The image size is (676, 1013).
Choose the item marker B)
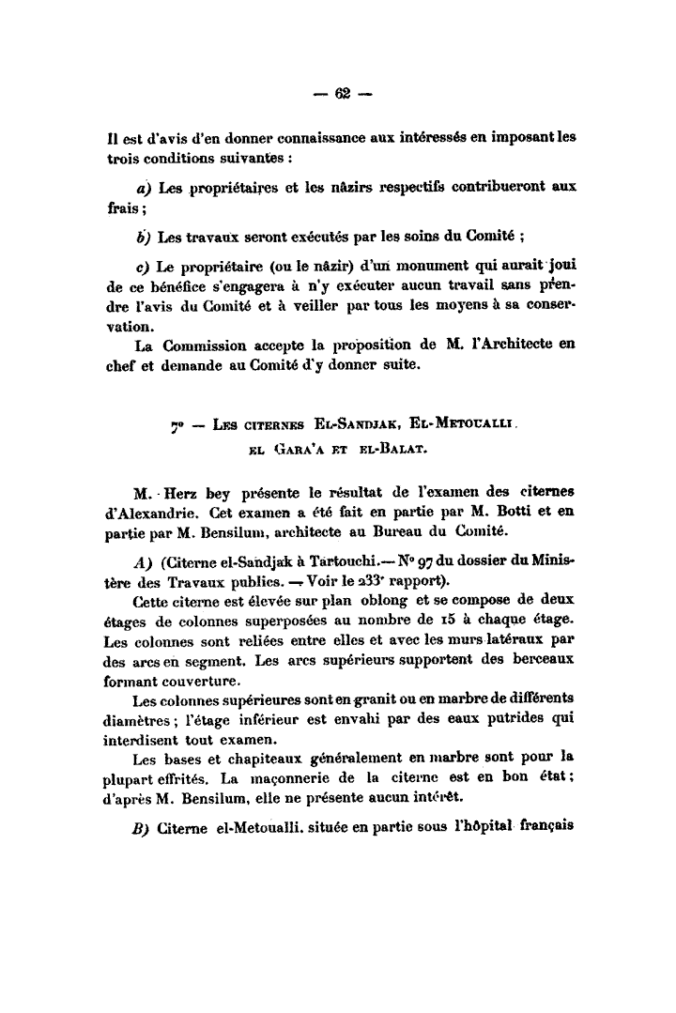pos(143,830)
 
